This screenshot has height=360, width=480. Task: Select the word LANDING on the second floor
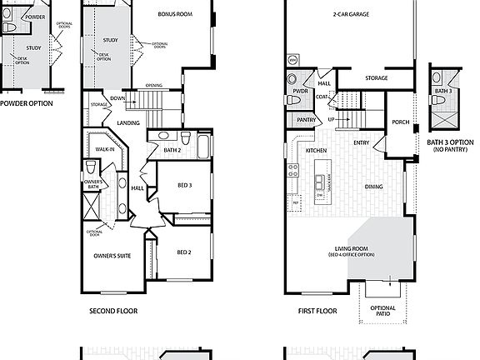point(128,122)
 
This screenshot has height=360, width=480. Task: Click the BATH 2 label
point(172,150)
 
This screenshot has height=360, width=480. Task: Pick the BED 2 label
point(185,252)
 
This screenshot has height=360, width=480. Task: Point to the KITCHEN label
point(316,151)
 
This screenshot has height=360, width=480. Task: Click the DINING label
point(373,187)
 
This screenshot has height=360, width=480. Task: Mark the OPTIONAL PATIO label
point(383,312)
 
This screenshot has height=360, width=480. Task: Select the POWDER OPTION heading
point(27,103)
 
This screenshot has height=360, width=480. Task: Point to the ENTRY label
point(362,142)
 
